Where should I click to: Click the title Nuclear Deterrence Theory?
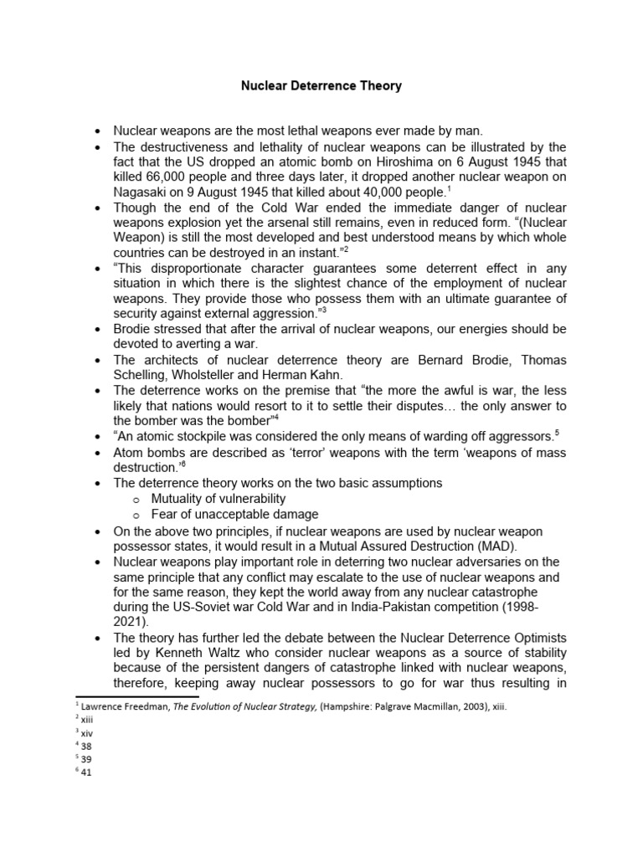click(x=321, y=85)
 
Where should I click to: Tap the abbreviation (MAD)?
click(x=492, y=545)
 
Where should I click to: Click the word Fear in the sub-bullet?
click(x=166, y=514)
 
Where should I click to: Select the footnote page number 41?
click(x=86, y=772)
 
